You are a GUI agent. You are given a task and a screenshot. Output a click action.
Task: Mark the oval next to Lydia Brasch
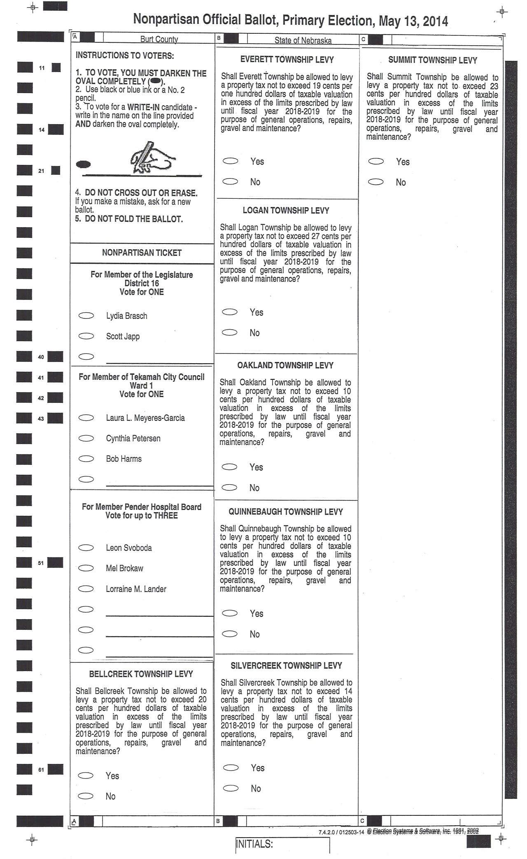(86, 316)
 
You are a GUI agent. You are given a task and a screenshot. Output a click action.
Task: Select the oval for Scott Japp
(86, 336)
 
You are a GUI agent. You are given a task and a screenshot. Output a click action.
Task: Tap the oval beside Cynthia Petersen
(86, 438)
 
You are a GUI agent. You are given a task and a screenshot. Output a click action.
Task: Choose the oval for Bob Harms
(86, 459)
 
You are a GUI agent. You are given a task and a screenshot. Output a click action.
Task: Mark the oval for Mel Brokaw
(86, 568)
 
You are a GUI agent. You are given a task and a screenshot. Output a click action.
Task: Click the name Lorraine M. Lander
(136, 589)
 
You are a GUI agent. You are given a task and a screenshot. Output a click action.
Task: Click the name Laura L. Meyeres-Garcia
(145, 418)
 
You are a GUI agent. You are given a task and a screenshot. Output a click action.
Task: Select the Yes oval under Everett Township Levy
(231, 161)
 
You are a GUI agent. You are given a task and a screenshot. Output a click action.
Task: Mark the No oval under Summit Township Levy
(376, 182)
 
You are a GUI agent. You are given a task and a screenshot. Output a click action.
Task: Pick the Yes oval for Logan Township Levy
(230, 312)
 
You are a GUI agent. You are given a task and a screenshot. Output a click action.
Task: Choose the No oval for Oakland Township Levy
(229, 488)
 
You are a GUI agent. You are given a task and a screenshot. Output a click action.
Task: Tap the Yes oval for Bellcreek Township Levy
(86, 775)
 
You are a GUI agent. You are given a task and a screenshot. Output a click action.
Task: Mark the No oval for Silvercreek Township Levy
(231, 788)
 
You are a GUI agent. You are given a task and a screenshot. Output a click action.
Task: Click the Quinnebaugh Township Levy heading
(286, 512)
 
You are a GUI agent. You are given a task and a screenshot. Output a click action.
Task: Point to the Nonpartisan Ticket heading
(142, 253)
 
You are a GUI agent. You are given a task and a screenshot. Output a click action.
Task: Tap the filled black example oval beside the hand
(84, 165)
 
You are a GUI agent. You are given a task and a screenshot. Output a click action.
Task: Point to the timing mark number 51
(41, 563)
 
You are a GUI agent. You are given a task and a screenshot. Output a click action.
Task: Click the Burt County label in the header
(159, 39)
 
